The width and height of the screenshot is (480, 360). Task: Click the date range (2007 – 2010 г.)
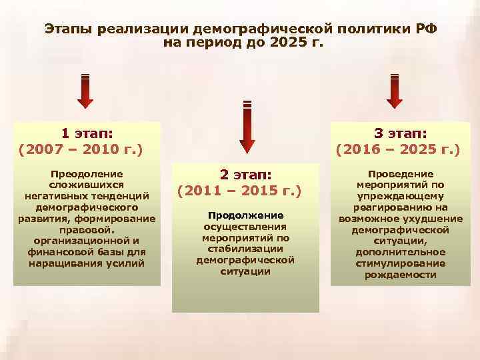click(x=82, y=148)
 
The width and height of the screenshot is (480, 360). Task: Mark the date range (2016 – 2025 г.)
click(x=398, y=148)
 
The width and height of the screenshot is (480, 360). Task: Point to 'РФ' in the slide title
click(x=424, y=30)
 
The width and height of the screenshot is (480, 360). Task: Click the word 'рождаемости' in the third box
click(x=400, y=275)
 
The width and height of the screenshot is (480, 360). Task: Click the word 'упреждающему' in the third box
click(x=400, y=195)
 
